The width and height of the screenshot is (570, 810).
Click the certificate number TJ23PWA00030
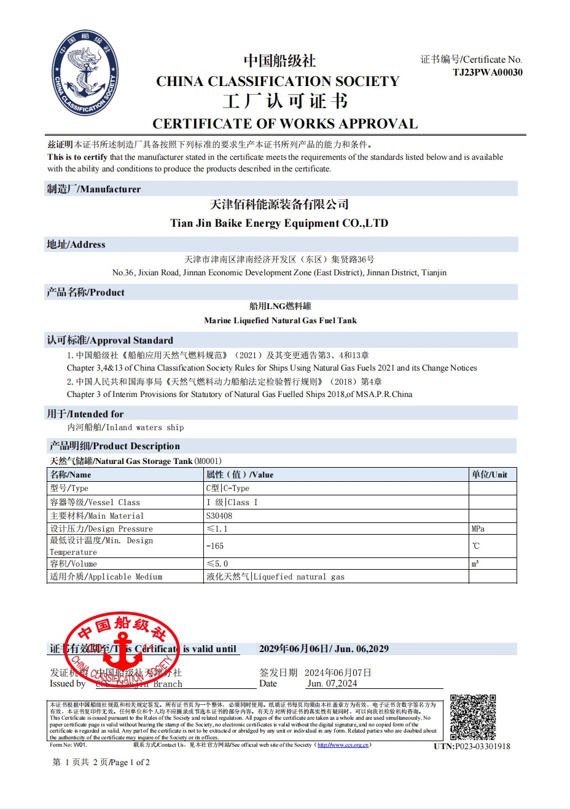[488, 72]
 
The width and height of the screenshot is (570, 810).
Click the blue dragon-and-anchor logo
[85, 73]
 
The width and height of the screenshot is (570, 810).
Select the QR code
[472, 717]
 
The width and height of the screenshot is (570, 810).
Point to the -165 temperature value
[215, 546]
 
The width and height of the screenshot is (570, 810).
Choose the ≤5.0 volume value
[217, 564]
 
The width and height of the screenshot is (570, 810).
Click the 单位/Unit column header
[490, 474]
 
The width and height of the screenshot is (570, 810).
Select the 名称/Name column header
[71, 474]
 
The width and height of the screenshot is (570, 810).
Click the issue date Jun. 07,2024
[332, 683]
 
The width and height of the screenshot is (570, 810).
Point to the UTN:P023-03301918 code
[472, 746]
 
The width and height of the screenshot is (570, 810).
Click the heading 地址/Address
[76, 245]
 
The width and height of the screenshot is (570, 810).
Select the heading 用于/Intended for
[85, 414]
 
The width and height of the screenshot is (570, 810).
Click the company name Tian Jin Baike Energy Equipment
[279, 223]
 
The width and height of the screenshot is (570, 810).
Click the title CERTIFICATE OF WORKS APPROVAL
[285, 124]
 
